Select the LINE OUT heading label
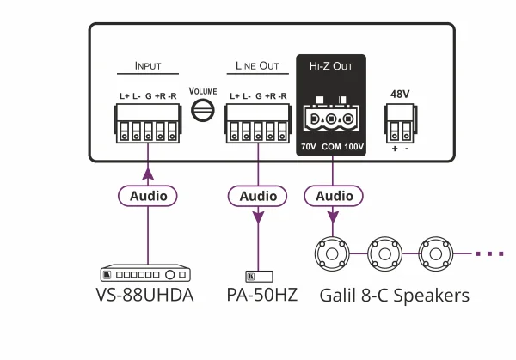click(x=258, y=65)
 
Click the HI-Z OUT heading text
click(x=332, y=65)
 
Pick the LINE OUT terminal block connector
click(x=258, y=122)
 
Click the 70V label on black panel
click(x=309, y=147)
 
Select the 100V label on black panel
click(x=354, y=147)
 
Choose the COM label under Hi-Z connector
click(x=331, y=147)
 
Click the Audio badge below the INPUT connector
click(x=148, y=196)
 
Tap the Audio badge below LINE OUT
click(x=258, y=196)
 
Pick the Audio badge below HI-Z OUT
click(x=331, y=196)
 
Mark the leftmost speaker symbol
click(x=331, y=254)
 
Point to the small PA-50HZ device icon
click(x=259, y=275)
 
